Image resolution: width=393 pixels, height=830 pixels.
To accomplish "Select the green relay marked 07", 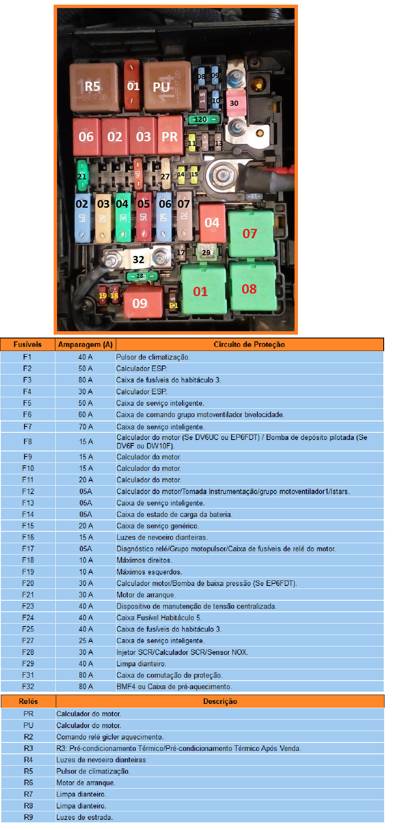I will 250,234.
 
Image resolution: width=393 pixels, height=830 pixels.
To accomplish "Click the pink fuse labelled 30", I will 235,103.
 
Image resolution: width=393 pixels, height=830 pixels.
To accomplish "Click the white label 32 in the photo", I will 138,259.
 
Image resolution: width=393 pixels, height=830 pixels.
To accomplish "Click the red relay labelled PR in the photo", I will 170,137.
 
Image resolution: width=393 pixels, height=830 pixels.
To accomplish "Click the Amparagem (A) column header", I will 85,344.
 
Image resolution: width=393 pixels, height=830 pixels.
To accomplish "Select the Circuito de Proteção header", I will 249,344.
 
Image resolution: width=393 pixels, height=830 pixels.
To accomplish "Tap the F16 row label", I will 28,537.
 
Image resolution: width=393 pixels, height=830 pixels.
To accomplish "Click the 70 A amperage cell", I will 85,427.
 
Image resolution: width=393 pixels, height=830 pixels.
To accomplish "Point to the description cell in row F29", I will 142,664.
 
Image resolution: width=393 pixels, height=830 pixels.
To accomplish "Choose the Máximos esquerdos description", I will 149,572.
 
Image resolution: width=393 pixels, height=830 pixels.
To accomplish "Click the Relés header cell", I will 28,701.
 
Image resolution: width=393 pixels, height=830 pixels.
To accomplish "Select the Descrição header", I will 220,701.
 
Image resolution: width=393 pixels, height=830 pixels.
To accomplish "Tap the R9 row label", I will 28,817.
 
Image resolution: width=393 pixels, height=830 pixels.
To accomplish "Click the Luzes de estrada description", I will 85,817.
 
